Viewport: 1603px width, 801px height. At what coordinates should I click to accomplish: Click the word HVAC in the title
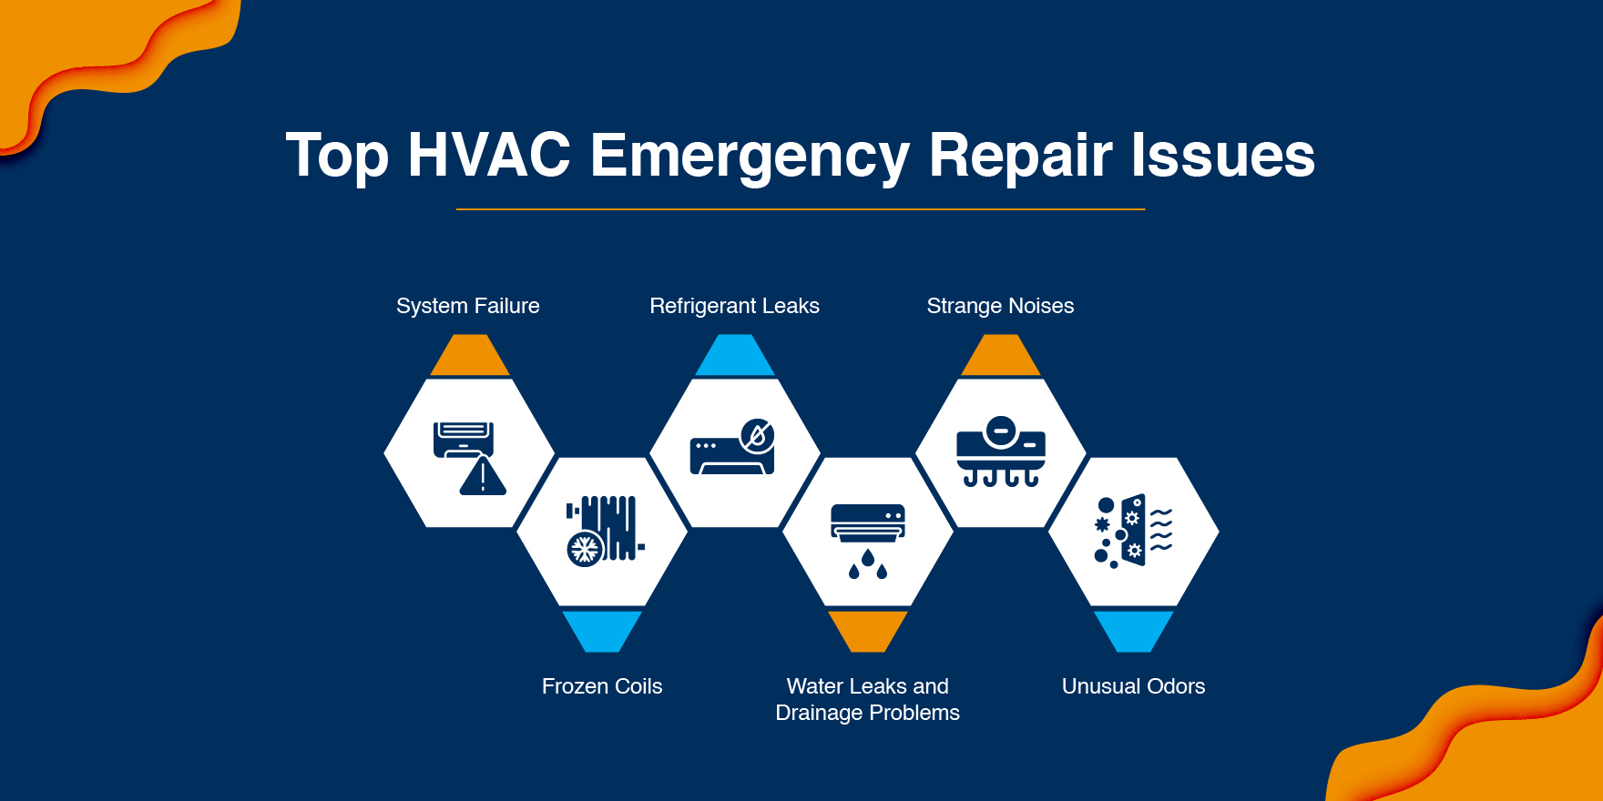489,155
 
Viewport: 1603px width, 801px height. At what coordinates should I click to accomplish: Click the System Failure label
468,306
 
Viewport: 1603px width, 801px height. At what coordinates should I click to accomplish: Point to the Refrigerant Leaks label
734,306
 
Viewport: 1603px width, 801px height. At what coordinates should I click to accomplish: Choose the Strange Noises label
1000,306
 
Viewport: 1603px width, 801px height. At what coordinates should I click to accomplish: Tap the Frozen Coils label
602,686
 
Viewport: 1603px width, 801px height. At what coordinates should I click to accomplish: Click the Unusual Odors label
1133,686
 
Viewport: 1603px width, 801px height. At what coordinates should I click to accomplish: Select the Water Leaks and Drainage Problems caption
867,699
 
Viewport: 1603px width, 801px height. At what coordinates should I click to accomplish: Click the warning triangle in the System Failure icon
483,478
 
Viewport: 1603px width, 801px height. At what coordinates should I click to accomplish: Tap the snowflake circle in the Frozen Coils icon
584,549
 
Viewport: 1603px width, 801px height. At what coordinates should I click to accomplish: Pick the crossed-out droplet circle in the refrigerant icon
757,436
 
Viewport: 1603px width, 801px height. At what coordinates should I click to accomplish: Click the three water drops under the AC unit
867,564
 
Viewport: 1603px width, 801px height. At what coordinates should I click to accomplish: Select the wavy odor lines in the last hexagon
1161,531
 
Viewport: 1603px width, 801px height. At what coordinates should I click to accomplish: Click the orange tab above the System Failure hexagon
470,356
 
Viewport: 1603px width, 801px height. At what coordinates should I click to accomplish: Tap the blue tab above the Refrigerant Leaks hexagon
735,356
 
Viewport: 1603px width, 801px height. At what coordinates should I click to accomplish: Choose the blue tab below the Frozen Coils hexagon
602,630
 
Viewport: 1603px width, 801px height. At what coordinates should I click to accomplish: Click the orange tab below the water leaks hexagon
867,630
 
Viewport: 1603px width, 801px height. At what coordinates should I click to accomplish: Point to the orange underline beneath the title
800,209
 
